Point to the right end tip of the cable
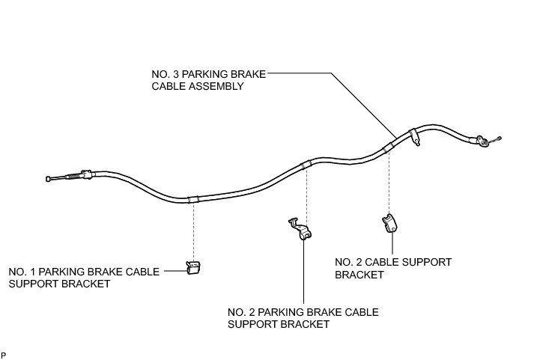coord(498,138)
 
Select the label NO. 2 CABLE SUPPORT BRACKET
coord(393,268)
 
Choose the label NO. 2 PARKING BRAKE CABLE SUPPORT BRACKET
coord(303,318)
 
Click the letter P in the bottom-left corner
coord(4,354)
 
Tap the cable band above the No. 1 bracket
coord(193,199)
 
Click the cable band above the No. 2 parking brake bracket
coord(305,164)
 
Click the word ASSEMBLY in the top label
coord(222,86)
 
